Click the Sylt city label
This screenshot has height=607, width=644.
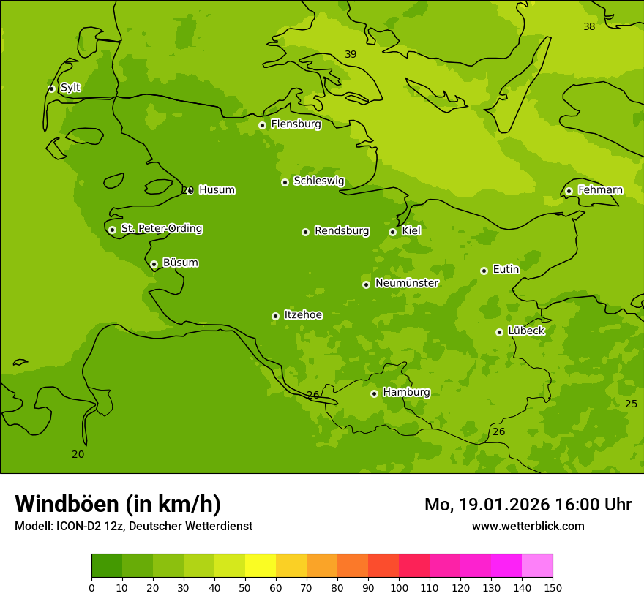click(x=70, y=88)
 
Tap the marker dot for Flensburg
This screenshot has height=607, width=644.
click(x=262, y=125)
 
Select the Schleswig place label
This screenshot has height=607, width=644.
click(x=318, y=181)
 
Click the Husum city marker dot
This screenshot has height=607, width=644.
click(x=190, y=191)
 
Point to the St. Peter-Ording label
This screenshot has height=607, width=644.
click(x=161, y=228)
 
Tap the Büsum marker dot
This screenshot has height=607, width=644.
click(x=154, y=264)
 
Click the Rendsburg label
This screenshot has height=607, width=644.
click(x=341, y=231)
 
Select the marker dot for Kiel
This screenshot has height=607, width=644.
click(x=392, y=232)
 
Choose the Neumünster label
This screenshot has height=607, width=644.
click(x=406, y=283)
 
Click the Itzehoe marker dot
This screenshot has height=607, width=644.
click(x=275, y=316)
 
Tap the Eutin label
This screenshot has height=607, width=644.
click(x=506, y=269)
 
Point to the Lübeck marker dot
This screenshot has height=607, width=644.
click(x=499, y=332)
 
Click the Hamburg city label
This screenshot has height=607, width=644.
click(x=406, y=392)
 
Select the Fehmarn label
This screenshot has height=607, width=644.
click(x=600, y=190)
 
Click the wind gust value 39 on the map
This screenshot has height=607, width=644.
click(x=351, y=55)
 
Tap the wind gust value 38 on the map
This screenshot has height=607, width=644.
click(x=589, y=27)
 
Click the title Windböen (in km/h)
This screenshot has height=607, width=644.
click(x=118, y=504)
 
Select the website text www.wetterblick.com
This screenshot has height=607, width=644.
click(x=528, y=527)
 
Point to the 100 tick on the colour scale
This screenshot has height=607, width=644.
click(x=399, y=588)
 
